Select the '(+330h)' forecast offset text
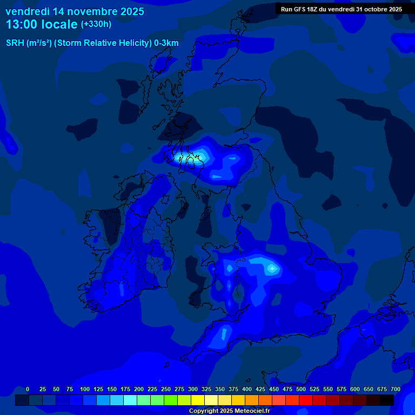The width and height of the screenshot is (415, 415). click(96, 24)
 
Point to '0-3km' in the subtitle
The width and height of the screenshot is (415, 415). click(166, 43)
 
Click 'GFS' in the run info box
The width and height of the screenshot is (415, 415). click(301, 9)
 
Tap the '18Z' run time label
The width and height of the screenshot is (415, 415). click(317, 9)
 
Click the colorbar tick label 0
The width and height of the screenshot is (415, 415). click(28, 390)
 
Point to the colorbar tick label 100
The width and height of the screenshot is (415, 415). click(84, 390)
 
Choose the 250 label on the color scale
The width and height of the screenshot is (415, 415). click(165, 390)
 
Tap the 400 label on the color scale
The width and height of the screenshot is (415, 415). click(246, 390)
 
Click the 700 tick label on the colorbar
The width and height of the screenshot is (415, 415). click(395, 390)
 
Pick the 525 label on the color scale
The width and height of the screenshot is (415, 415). click(314, 390)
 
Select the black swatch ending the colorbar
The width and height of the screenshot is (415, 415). click(387, 400)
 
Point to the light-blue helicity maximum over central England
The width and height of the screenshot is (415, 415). click(272, 267)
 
